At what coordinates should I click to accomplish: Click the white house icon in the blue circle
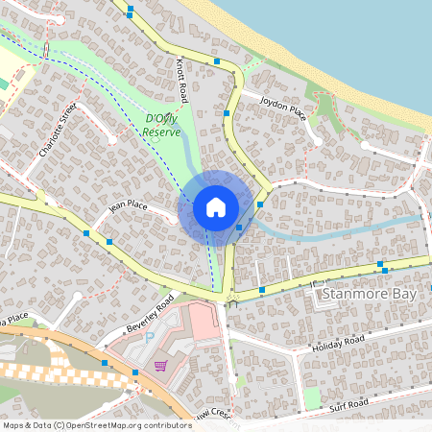216,206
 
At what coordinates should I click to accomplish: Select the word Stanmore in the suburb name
353,294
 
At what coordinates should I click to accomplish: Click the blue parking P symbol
148,337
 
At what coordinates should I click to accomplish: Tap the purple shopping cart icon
160,365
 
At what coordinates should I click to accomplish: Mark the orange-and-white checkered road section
38,370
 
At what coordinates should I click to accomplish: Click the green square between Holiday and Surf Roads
311,396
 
